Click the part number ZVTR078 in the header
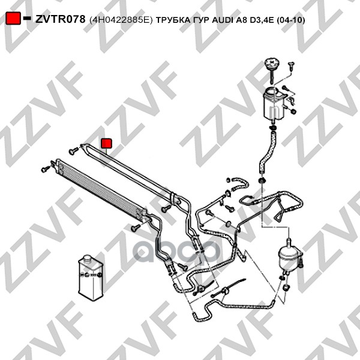coord(60,19)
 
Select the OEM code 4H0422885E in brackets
coord(121,19)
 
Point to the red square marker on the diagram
coord(106,143)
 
